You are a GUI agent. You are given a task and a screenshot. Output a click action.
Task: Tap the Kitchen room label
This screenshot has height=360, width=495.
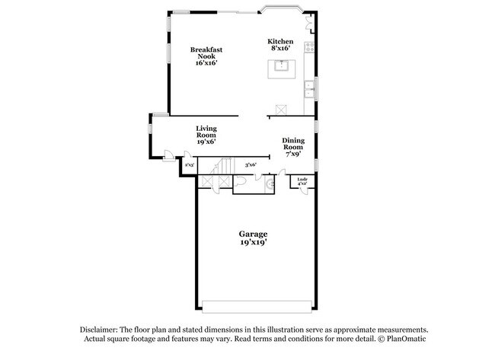point(279,41)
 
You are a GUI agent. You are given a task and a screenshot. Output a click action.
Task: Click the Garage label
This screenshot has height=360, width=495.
point(253,234)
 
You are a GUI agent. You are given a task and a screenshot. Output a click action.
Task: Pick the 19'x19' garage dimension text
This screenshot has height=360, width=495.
point(253,243)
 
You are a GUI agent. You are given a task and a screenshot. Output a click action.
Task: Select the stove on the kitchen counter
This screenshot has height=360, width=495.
point(310,46)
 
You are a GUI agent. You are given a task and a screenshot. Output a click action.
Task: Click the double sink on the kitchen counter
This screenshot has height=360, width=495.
point(310,89)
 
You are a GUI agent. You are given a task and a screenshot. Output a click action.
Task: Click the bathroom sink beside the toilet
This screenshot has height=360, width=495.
point(268,183)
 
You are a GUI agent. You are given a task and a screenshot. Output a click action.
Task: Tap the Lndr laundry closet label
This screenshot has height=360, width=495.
point(302,181)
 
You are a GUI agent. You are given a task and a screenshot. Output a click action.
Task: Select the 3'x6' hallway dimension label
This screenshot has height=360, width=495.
point(251,164)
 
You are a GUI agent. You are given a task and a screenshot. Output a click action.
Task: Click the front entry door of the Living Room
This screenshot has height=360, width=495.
point(167,157)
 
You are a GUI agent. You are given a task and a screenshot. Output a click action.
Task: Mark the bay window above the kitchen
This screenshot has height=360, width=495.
point(282,11)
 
